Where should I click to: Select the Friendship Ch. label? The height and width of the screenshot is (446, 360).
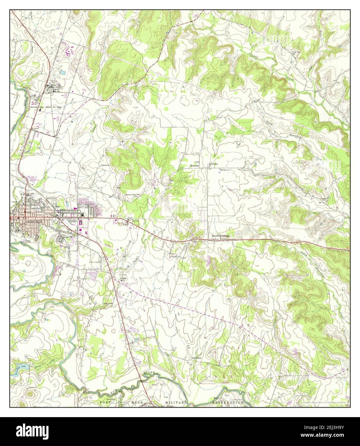tap(213, 165)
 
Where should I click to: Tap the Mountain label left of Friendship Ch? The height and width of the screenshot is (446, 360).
tap(194, 166)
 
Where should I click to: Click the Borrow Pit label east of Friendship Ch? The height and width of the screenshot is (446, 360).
tap(224, 169)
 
